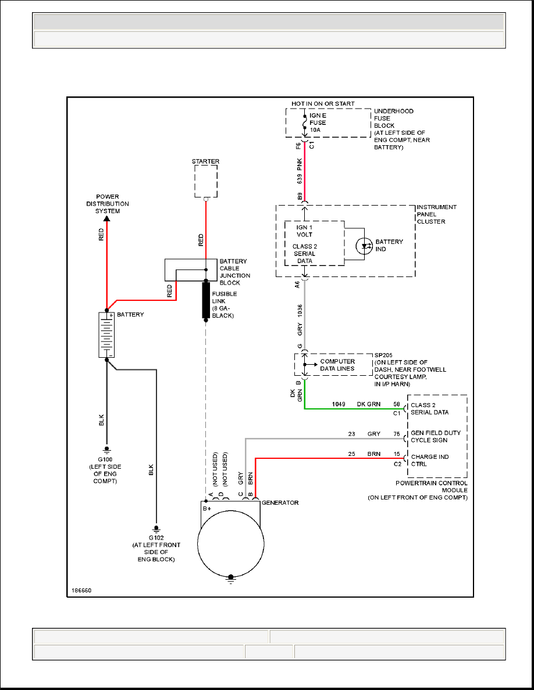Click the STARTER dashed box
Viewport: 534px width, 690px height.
(x=195, y=181)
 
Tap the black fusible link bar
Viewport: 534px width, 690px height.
(x=206, y=300)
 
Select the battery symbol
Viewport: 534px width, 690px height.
(x=106, y=335)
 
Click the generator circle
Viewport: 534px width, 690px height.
(x=231, y=544)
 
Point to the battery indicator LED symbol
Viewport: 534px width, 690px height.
(x=364, y=246)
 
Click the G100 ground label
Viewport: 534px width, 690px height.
(x=105, y=459)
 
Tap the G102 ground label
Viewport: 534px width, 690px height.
(x=156, y=538)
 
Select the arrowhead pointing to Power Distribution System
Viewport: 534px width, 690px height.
(x=106, y=218)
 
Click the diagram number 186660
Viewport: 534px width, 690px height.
(x=81, y=591)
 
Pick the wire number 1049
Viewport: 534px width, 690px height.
(x=339, y=404)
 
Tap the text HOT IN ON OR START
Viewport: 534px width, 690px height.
(x=323, y=104)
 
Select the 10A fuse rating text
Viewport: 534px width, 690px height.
(x=315, y=130)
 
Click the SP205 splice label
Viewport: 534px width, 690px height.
(x=383, y=355)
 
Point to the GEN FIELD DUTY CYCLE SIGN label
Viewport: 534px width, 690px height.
(x=436, y=437)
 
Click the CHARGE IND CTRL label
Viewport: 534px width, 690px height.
(x=429, y=461)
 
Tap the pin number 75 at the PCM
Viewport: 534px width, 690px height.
(x=397, y=434)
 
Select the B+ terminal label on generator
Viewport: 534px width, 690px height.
(x=207, y=509)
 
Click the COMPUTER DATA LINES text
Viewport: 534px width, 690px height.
(x=337, y=365)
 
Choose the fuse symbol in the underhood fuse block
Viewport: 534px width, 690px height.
(x=304, y=123)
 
